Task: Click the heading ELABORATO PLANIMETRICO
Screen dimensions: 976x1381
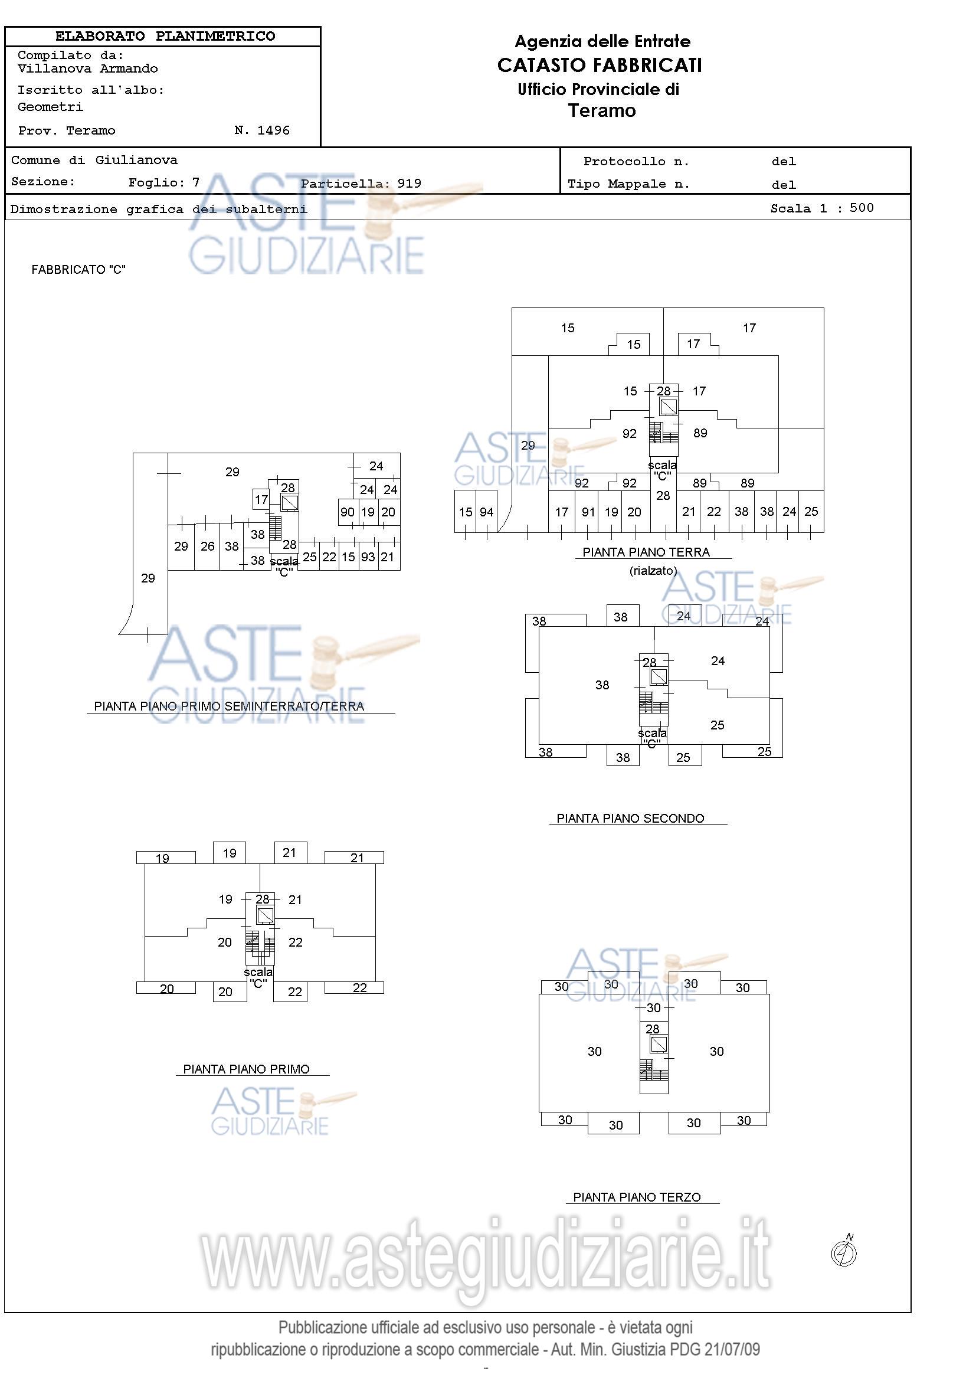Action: coord(165,36)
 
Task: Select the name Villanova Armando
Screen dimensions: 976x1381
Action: coord(88,68)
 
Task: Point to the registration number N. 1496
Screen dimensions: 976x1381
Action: coord(261,130)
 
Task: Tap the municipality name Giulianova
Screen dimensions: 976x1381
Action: coord(136,160)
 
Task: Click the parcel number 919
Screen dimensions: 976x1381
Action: coord(409,184)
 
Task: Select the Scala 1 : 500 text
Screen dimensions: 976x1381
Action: coord(822,208)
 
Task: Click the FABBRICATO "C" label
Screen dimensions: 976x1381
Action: coord(78,270)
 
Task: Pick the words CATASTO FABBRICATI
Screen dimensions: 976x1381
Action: coord(600,65)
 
